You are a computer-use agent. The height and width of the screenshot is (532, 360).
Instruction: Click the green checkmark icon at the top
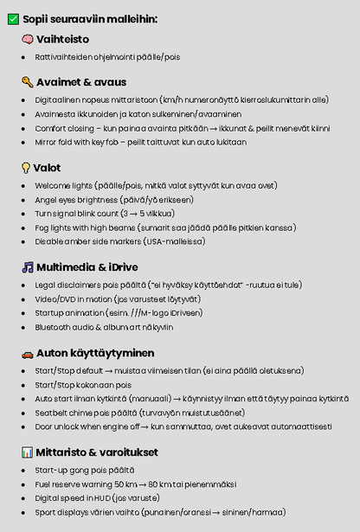(x=14, y=18)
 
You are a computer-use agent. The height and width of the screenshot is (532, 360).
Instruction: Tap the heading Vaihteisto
(x=62, y=39)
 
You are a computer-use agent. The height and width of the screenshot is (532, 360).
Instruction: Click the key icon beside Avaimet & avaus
(x=28, y=82)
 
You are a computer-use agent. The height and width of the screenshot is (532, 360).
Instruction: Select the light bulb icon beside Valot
(x=27, y=168)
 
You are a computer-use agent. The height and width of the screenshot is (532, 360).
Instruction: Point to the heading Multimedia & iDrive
(x=87, y=267)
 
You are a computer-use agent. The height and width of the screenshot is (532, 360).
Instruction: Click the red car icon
(x=28, y=353)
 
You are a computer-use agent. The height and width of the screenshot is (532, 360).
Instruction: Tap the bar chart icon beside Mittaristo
(x=28, y=452)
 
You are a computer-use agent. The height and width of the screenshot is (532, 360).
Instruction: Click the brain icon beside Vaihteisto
(x=28, y=39)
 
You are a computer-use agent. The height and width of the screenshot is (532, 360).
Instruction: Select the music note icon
(x=28, y=267)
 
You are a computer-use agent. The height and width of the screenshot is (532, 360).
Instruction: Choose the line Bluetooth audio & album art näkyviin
(x=104, y=327)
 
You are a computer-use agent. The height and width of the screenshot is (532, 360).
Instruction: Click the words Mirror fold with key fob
(x=84, y=142)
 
